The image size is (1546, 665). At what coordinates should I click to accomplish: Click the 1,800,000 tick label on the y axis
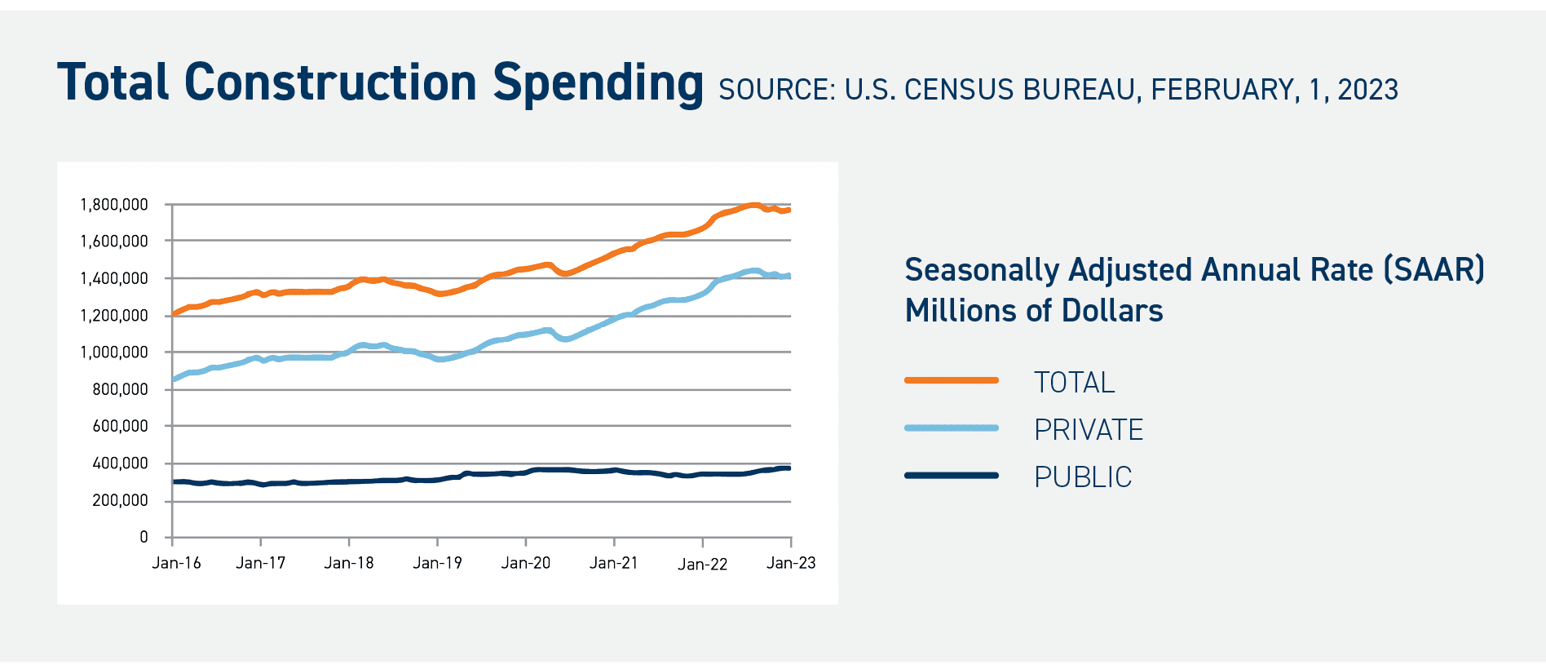(x=113, y=205)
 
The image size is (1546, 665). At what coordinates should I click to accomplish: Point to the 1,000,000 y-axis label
(x=113, y=352)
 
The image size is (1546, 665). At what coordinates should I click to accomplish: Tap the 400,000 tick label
(x=120, y=463)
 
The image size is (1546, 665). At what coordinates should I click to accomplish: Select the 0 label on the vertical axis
(x=144, y=537)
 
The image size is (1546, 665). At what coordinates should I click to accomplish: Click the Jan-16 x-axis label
(x=176, y=563)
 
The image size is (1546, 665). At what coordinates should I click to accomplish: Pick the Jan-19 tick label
(x=437, y=563)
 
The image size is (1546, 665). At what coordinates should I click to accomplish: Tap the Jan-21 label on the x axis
(x=614, y=563)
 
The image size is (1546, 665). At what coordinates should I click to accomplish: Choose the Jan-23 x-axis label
(x=791, y=563)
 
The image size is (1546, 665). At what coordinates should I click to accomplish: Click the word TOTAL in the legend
(x=1074, y=382)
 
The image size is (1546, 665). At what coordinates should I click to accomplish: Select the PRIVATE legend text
(x=1089, y=429)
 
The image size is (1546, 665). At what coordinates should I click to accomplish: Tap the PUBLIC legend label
(x=1083, y=477)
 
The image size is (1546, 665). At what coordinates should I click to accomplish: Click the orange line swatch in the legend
(x=951, y=380)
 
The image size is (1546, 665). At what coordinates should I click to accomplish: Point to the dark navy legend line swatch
(x=951, y=475)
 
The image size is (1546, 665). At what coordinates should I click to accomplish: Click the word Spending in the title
(x=598, y=84)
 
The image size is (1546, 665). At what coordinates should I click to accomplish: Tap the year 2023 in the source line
(x=1367, y=90)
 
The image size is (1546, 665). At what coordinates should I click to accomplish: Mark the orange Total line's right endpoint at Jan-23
(x=788, y=210)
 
